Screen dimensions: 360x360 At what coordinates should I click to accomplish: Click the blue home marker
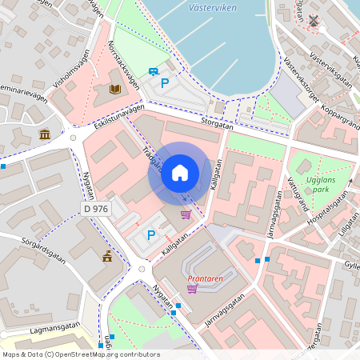[180, 172]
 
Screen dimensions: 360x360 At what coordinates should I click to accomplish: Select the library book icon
[115, 89]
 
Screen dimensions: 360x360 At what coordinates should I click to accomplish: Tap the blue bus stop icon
[153, 72]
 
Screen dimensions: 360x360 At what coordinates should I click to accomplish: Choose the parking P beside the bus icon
[166, 82]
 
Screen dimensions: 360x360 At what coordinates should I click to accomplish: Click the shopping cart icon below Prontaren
[192, 288]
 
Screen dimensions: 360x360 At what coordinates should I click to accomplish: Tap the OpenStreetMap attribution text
[81, 354]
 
